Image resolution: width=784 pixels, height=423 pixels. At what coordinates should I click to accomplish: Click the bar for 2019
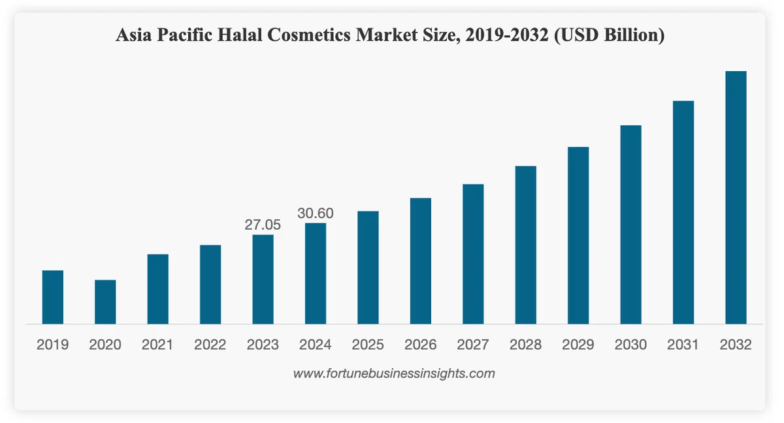click(x=53, y=297)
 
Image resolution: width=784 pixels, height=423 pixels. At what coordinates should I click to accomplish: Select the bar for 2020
click(x=105, y=302)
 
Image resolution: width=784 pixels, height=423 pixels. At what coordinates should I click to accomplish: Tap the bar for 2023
click(x=263, y=279)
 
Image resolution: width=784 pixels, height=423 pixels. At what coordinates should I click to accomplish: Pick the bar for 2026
click(x=420, y=261)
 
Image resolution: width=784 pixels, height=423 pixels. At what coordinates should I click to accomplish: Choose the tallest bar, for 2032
click(x=736, y=198)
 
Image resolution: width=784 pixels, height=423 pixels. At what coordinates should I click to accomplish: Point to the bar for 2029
click(x=578, y=236)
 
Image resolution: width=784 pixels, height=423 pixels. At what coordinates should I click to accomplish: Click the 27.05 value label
click(x=263, y=225)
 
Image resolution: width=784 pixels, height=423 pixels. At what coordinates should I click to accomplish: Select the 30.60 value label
click(x=316, y=213)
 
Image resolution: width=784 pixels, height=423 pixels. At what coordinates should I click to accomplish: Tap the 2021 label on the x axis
click(x=157, y=345)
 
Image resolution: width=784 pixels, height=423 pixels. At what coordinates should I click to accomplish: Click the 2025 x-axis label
click(x=368, y=345)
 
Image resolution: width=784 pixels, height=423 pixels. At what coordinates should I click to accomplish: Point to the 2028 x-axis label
click(x=525, y=345)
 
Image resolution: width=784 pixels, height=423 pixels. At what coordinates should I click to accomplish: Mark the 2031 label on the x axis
click(x=683, y=345)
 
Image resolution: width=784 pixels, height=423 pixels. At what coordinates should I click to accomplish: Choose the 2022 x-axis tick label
click(x=210, y=345)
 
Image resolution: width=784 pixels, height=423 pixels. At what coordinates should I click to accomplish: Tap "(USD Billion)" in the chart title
click(x=610, y=35)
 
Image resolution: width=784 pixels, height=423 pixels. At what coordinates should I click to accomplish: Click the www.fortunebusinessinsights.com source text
click(x=394, y=373)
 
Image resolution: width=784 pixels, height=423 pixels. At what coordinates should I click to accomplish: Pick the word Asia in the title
click(x=134, y=35)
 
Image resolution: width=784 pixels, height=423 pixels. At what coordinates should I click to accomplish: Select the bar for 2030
click(x=630, y=225)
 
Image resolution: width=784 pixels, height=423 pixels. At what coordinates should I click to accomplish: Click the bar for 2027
click(x=473, y=254)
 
